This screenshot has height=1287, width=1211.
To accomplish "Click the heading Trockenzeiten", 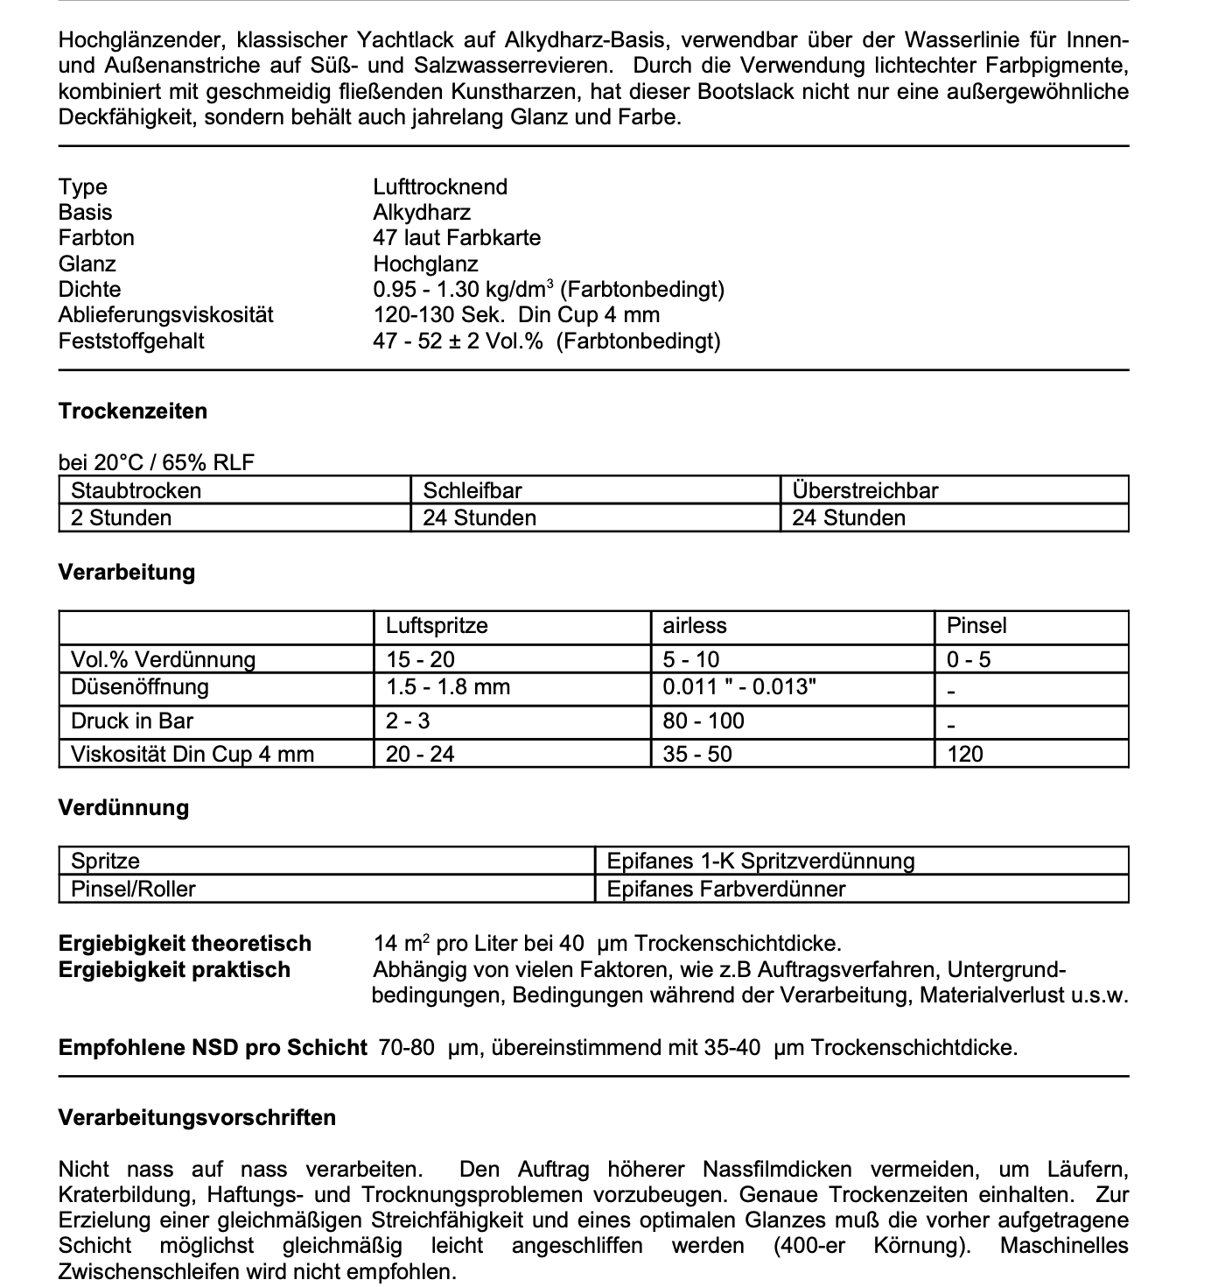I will click(132, 411).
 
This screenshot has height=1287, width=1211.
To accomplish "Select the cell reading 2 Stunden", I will click(121, 518).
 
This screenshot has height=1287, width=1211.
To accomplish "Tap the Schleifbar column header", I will click(472, 490).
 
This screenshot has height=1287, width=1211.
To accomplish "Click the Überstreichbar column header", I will click(864, 490).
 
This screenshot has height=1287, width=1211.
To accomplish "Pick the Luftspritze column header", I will click(437, 626).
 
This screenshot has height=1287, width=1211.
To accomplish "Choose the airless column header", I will click(695, 626).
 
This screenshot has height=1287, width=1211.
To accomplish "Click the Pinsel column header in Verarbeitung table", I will click(976, 626).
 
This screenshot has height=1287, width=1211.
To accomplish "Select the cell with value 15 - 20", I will click(420, 660).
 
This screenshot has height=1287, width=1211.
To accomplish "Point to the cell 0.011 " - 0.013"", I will click(739, 687).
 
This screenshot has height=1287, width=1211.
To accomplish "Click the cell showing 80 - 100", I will click(703, 721).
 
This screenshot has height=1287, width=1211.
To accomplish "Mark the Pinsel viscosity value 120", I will click(965, 755).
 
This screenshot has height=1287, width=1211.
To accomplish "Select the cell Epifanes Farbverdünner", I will click(726, 890).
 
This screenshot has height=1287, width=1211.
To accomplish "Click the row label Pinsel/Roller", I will click(133, 890).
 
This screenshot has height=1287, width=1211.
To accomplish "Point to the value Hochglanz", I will click(425, 264).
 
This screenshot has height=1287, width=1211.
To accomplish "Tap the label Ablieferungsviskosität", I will click(166, 315).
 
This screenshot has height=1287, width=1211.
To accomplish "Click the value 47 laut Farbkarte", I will click(457, 238).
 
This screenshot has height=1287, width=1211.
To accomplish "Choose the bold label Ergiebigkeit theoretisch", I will click(185, 944).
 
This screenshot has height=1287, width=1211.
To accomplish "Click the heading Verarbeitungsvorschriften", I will click(197, 1118).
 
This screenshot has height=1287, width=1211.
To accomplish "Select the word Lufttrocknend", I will click(440, 187).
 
